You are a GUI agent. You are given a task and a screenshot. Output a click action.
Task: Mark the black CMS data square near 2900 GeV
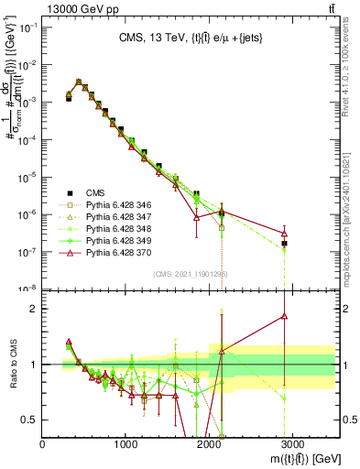(x=284, y=244)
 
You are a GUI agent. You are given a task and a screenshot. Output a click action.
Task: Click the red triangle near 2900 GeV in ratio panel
(x=284, y=317)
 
